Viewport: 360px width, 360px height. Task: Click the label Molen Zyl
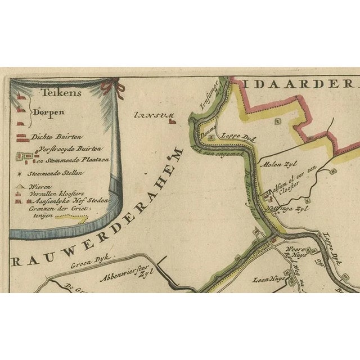pyautogui.click(x=273, y=165)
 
